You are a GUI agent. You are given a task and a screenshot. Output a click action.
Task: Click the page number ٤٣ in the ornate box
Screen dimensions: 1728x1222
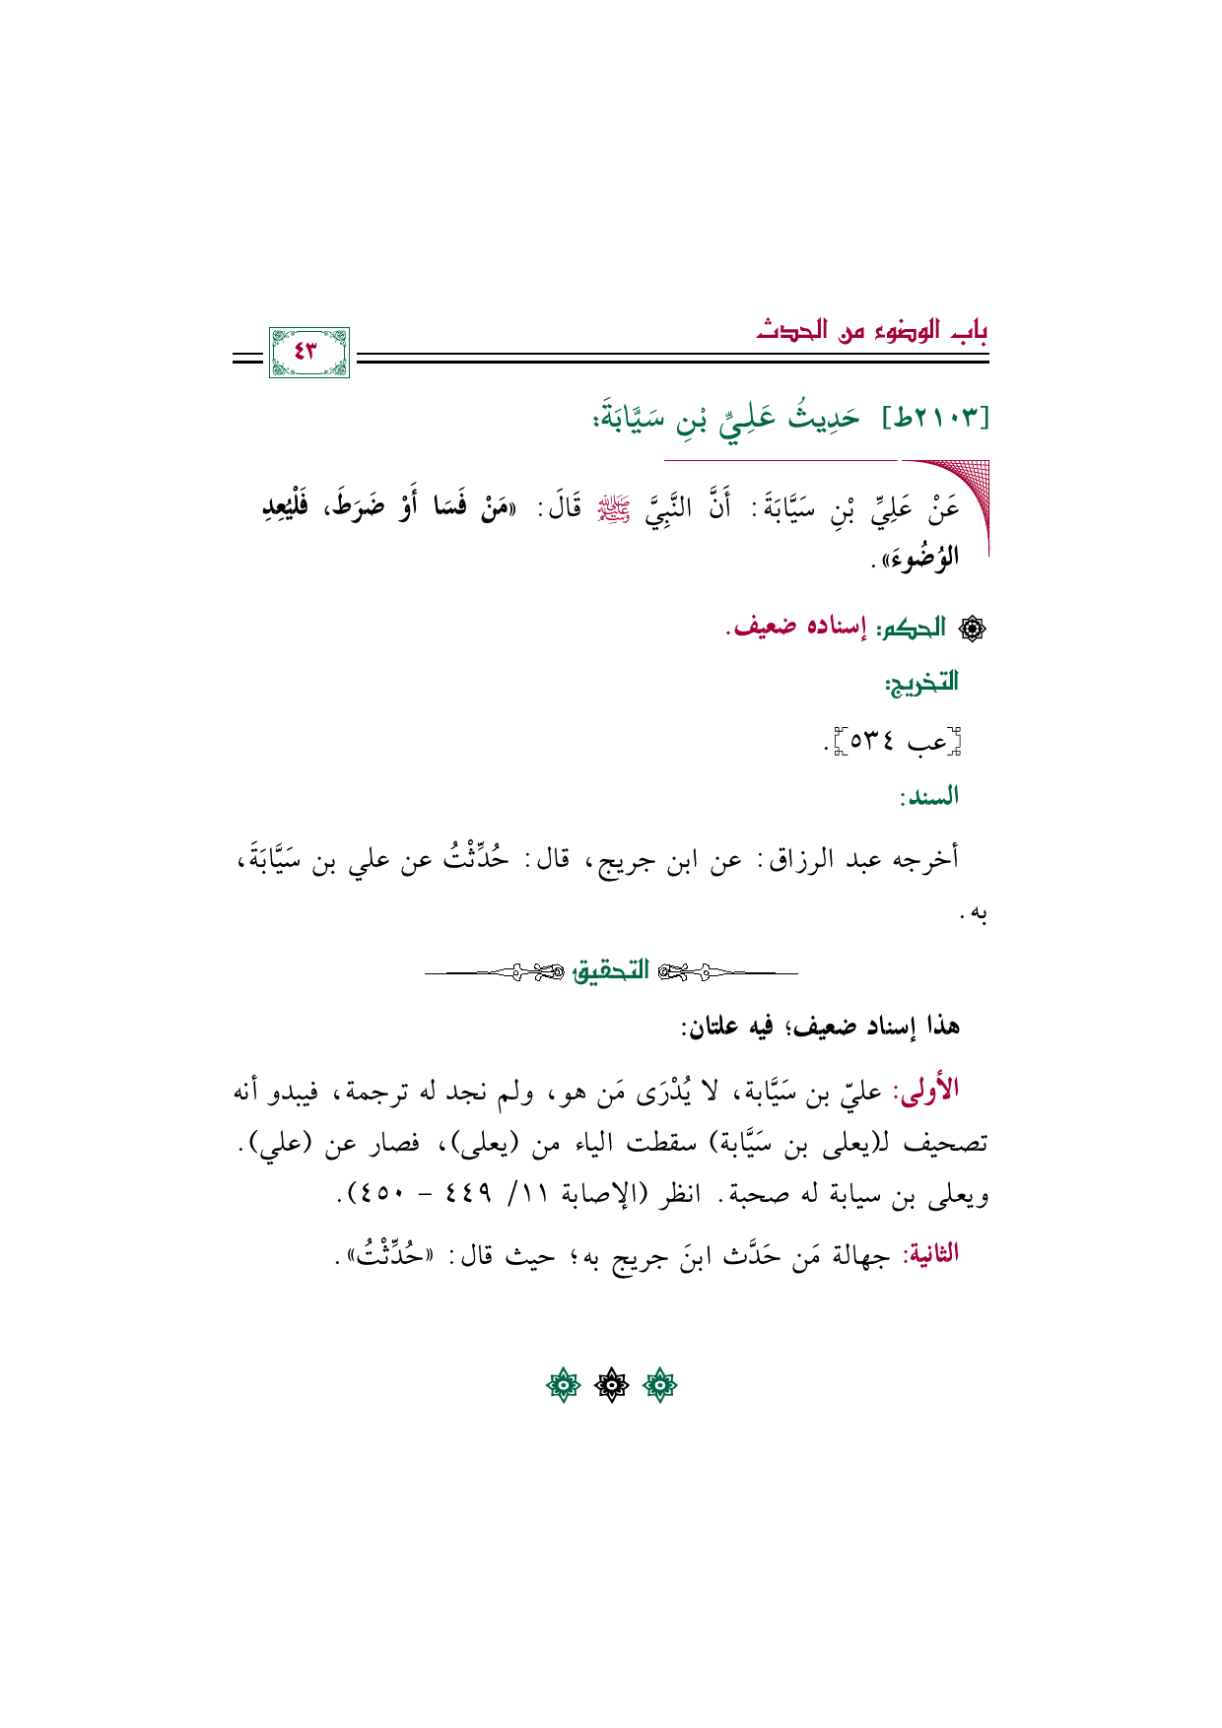(x=307, y=352)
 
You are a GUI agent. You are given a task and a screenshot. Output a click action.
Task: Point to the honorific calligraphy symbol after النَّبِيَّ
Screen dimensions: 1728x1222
(x=623, y=509)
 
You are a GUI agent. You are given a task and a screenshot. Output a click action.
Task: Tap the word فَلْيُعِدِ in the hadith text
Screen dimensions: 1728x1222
(x=285, y=508)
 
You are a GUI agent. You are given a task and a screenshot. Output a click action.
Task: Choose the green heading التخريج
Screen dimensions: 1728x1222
(x=921, y=682)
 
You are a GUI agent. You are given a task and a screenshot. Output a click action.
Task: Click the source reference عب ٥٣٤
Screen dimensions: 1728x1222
(x=896, y=741)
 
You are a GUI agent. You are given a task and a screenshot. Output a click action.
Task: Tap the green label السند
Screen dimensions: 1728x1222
(x=928, y=796)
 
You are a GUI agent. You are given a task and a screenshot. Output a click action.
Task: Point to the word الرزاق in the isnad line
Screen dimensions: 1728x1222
(x=786, y=859)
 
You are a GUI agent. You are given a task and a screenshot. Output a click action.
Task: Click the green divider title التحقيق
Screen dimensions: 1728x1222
(x=611, y=971)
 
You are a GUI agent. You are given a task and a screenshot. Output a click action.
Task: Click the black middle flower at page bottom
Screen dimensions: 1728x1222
(x=611, y=1386)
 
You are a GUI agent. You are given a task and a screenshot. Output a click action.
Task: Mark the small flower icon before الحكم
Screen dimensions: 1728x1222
(x=972, y=629)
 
